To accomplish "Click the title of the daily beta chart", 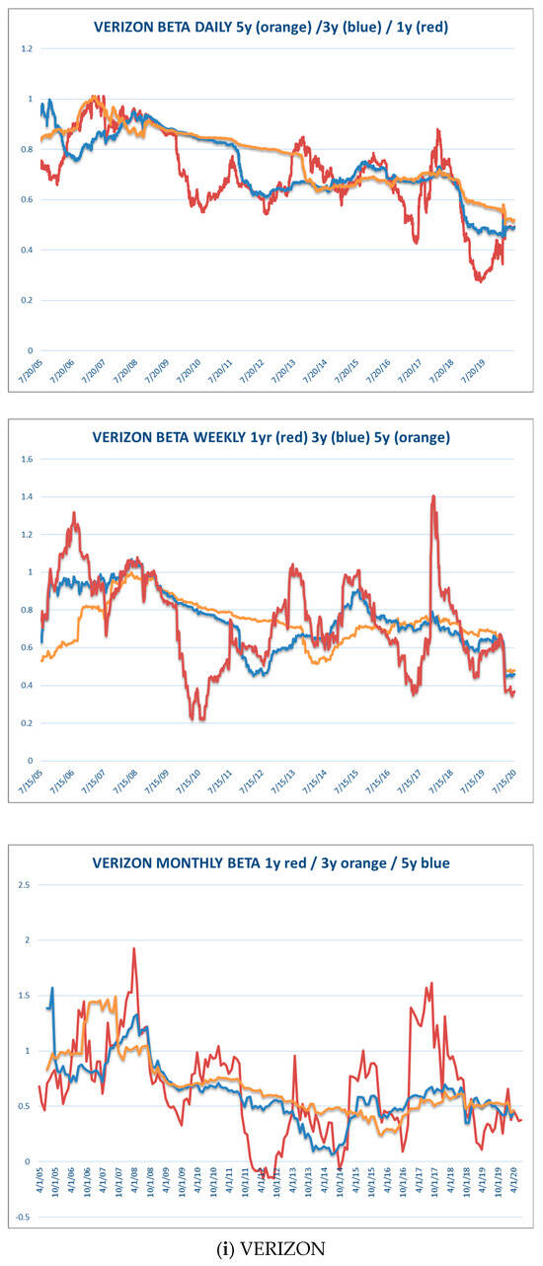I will pos(271,27).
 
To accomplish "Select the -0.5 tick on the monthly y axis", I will pos(25,1217).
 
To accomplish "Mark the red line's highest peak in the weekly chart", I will pos(432,496).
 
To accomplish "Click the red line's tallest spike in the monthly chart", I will pos(133,949).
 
